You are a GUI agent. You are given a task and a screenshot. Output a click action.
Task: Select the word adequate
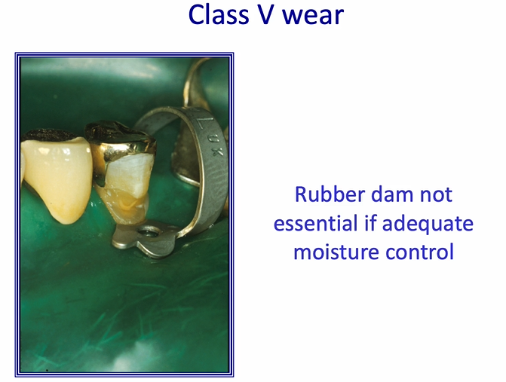click(431, 224)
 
